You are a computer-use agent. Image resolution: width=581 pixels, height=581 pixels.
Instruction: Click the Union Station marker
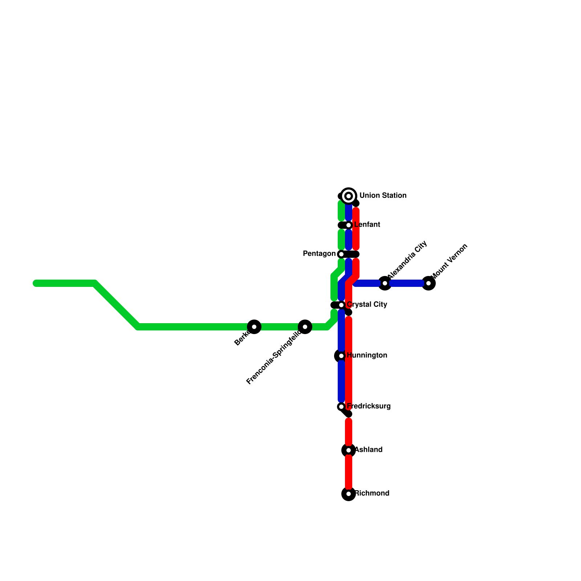(349, 196)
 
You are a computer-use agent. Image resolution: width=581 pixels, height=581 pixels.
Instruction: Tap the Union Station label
(383, 196)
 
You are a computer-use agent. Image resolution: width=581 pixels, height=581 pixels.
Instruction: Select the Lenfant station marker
(349, 225)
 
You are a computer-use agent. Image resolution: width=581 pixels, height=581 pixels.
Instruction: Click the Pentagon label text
(319, 254)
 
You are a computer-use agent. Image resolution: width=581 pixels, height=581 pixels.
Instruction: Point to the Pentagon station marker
(341, 254)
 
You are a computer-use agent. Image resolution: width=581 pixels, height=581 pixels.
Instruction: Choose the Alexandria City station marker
(385, 283)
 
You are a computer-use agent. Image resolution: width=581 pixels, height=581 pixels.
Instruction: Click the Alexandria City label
(407, 260)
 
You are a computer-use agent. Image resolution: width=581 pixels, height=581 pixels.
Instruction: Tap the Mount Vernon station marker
(428, 283)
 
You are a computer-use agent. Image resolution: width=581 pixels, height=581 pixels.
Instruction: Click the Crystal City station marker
(341, 305)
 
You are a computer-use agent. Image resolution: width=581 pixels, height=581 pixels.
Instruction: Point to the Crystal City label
(367, 305)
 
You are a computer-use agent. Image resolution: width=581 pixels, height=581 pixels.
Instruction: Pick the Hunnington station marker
(341, 356)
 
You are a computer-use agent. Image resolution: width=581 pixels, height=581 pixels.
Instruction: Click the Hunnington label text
(367, 355)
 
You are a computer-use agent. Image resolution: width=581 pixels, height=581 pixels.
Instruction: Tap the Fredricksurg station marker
(341, 407)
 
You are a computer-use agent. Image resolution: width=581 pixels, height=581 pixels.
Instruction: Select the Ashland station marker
(349, 450)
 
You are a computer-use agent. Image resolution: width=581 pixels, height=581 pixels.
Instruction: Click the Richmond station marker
(349, 494)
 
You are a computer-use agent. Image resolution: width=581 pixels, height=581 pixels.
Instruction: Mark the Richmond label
(372, 493)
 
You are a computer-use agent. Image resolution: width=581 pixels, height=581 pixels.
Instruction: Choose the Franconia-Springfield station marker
(305, 327)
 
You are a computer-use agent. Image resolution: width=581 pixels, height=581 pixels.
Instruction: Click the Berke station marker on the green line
(254, 327)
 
